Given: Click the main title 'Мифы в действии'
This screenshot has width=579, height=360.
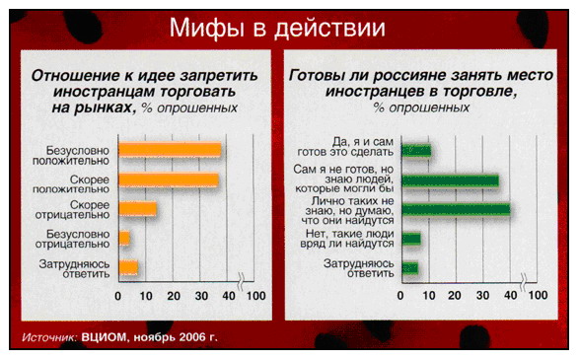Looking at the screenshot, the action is (277, 29).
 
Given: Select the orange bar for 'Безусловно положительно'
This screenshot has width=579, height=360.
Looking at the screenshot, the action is (170, 150).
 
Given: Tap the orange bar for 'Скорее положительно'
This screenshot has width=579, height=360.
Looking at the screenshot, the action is (169, 180).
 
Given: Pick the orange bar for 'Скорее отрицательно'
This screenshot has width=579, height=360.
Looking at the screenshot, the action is (137, 209).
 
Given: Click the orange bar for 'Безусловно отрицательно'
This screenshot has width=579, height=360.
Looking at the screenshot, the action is (124, 238).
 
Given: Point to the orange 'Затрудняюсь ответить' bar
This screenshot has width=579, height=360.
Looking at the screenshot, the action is (128, 267).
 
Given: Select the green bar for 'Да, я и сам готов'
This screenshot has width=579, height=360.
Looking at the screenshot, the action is (416, 151).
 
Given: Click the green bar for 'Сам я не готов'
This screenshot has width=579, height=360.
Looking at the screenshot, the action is (450, 180).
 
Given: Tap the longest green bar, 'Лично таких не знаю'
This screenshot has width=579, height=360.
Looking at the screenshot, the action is (456, 209).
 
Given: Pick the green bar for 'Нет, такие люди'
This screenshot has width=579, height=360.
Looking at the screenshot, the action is (411, 239).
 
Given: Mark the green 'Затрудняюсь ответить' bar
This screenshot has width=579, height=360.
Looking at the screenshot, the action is (410, 268).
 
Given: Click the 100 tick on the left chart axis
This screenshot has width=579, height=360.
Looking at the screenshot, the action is (255, 296).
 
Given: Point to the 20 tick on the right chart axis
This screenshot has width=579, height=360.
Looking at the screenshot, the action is (455, 295).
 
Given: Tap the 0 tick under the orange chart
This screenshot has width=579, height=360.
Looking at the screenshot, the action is (117, 296).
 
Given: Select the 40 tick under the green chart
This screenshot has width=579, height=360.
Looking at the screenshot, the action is (511, 295).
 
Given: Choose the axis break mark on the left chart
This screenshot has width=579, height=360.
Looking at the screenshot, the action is (241, 281).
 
